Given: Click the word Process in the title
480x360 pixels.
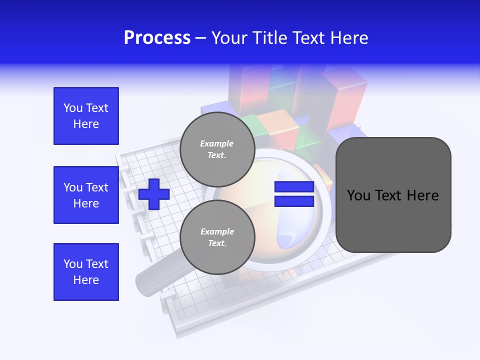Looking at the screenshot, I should pos(157,38).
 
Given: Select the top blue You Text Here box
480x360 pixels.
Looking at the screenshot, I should pos(86,116).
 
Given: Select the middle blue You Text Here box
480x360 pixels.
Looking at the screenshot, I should pos(86,195).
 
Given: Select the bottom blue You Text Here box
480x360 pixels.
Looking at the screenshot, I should pos(86,272).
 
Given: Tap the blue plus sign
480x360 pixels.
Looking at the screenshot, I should pos(153,194).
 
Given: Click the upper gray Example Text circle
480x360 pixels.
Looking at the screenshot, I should pos(217,149).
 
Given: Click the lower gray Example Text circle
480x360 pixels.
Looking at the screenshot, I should pos(217,237).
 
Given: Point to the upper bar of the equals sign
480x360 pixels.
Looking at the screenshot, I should pos(294,187).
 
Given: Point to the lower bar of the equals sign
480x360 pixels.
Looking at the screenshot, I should pos(294,201).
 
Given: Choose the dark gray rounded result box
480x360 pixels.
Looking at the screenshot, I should pos(393,195).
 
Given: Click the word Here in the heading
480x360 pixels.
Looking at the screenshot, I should pos(348,38).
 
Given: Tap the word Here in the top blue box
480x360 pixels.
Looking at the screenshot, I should pos(86,124).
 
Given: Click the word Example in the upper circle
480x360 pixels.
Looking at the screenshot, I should pos(217,143).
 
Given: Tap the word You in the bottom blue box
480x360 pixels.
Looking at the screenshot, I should pos(73,264).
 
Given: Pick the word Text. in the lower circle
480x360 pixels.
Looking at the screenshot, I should pos(217,243).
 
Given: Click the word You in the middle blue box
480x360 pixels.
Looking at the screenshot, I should pos(73,187).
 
